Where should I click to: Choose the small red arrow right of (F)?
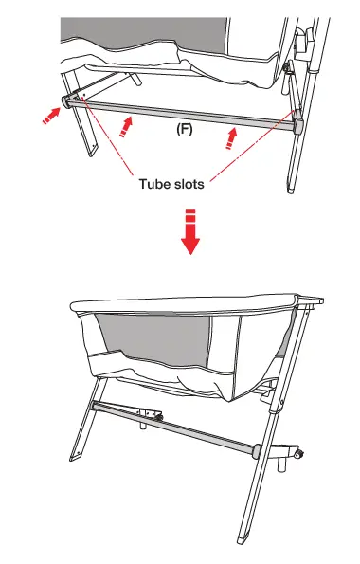228,139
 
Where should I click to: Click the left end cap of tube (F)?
67,100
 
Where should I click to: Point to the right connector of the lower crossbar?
258,447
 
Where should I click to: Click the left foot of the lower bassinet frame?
72,478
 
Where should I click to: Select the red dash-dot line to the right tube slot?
256,152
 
